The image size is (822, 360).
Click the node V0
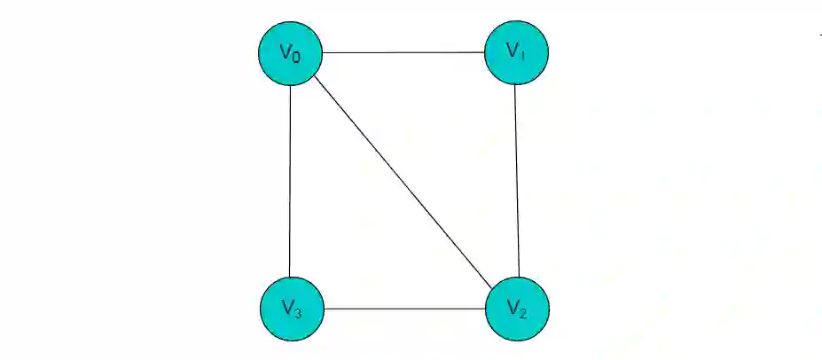point(290,53)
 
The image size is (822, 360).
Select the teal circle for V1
point(517,52)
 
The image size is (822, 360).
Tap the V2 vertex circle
point(518,309)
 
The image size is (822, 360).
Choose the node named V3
point(292,309)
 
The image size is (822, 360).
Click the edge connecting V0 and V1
point(403,52)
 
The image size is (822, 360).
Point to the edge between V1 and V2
point(517,180)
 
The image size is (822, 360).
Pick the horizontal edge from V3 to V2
point(404,309)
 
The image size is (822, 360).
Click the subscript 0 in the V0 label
point(296,57)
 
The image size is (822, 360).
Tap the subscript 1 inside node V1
point(523,55)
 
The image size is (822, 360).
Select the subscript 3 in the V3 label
point(298,311)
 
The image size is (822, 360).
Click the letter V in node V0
point(286,51)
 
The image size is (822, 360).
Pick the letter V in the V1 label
point(513,50)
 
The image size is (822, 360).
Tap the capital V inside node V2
point(513,306)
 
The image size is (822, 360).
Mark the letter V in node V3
point(287,306)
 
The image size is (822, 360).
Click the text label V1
point(517,51)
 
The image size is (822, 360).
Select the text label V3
point(292,308)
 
